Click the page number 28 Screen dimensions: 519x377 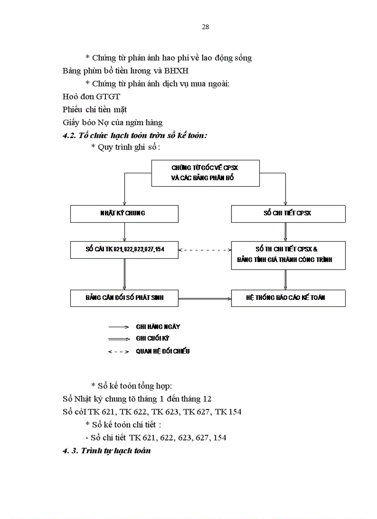pyautogui.click(x=206, y=27)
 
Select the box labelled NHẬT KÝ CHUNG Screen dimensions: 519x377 pyautogui.click(x=124, y=214)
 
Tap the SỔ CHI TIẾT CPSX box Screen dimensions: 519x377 pyautogui.click(x=288, y=214)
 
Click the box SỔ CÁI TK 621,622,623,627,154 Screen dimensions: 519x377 pyautogui.click(x=124, y=250)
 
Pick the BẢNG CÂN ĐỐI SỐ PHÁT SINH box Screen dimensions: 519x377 pyautogui.click(x=124, y=298)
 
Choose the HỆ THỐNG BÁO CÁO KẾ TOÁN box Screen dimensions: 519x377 pyautogui.click(x=288, y=298)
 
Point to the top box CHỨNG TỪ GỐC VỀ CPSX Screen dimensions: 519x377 pyautogui.click(x=206, y=173)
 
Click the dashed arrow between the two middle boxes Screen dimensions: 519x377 pyautogui.click(x=205, y=250)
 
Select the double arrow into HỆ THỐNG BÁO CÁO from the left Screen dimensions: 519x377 pyautogui.click(x=205, y=299)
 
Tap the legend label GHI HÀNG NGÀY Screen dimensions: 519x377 pyautogui.click(x=158, y=327)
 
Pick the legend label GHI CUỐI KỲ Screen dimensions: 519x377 pyautogui.click(x=152, y=338)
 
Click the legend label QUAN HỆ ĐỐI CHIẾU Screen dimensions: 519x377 pyautogui.click(x=163, y=351)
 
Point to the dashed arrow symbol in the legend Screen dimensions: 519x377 pyautogui.click(x=118, y=352)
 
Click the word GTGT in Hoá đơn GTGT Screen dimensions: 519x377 pyautogui.click(x=109, y=97)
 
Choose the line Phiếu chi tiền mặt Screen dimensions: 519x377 pyautogui.click(x=95, y=110)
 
